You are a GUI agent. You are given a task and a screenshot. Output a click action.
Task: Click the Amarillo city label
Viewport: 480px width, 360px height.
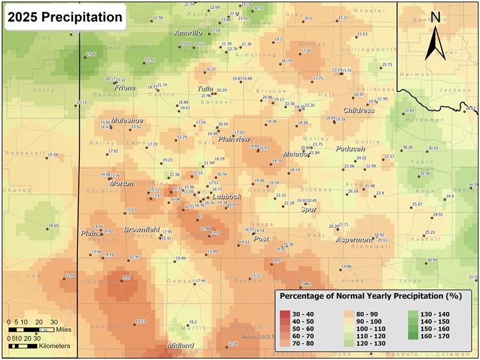point(188,33)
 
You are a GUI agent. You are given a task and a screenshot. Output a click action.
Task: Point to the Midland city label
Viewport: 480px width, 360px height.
point(180,345)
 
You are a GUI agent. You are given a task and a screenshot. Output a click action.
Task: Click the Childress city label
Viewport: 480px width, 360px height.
point(358,111)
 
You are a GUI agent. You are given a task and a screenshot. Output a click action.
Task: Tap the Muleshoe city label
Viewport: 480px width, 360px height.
point(127,120)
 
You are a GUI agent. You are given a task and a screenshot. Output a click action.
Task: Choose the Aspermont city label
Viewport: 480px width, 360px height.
point(354,240)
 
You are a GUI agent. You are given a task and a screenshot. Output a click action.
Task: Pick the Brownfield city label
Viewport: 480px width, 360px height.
point(141,229)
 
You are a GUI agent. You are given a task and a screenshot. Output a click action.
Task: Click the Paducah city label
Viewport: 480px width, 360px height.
point(350,148)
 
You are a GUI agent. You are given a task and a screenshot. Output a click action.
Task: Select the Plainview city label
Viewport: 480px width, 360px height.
point(234,139)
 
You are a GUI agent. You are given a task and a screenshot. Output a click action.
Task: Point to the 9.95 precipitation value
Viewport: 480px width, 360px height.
point(126,278)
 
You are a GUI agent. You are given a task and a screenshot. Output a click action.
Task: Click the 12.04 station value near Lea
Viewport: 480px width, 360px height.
point(70,276)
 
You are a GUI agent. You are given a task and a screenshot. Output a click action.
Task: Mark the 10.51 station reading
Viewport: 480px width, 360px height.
point(141,321)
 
